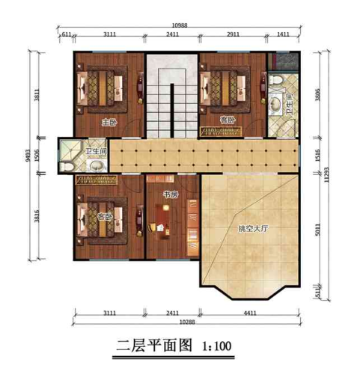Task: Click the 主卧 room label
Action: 109,121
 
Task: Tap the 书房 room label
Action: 170,194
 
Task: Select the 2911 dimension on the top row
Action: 234,35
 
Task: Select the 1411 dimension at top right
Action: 283,35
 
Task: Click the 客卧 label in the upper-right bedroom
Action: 228,120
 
